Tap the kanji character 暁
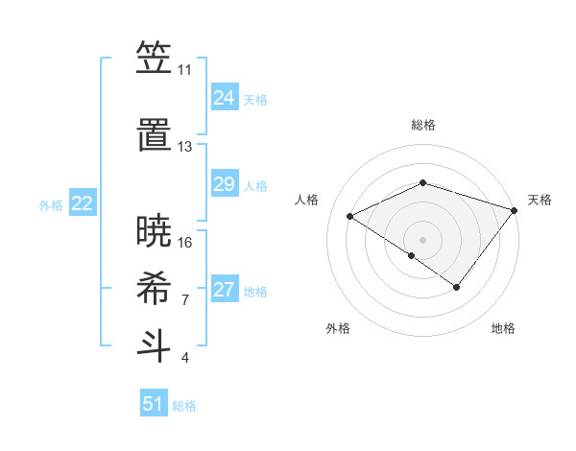pyautogui.click(x=153, y=229)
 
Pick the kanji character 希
pyautogui.click(x=153, y=287)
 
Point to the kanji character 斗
pyautogui.click(x=153, y=344)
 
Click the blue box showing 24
pyautogui.click(x=224, y=98)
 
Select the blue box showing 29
pyautogui.click(x=224, y=184)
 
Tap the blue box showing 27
pyautogui.click(x=224, y=290)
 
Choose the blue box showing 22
pyautogui.click(x=83, y=203)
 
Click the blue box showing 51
pyautogui.click(x=154, y=404)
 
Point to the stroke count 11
pyautogui.click(x=184, y=70)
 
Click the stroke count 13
pyautogui.click(x=184, y=147)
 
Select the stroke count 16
pyautogui.click(x=185, y=243)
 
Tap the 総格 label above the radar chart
pyautogui.click(x=422, y=125)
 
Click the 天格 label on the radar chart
pyautogui.click(x=540, y=200)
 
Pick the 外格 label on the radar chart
pyautogui.click(x=338, y=328)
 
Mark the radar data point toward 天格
pyautogui.click(x=515, y=210)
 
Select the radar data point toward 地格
pyautogui.click(x=457, y=287)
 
